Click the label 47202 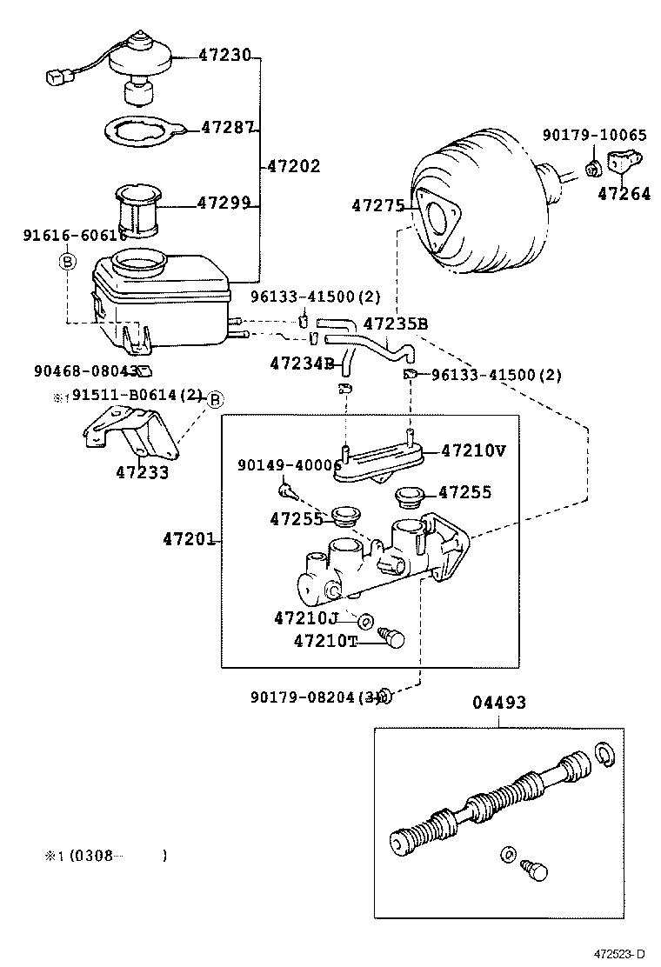pyautogui.click(x=293, y=165)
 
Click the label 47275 pyautogui.click(x=378, y=206)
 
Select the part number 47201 pyautogui.click(x=188, y=540)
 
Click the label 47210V pyautogui.click(x=473, y=450)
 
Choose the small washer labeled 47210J pyautogui.click(x=366, y=620)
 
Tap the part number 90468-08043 pyautogui.click(x=85, y=370)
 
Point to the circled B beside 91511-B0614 pyautogui.click(x=215, y=399)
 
